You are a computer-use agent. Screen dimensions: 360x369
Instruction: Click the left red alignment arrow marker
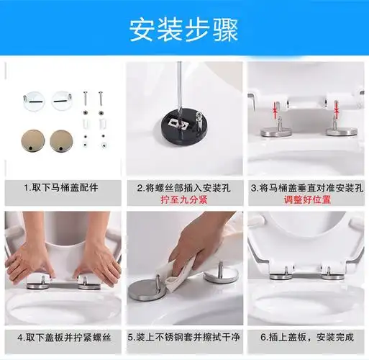pyautogui.click(x=275, y=110)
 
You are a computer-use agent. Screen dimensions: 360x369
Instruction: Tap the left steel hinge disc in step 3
pyautogui.click(x=275, y=132)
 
